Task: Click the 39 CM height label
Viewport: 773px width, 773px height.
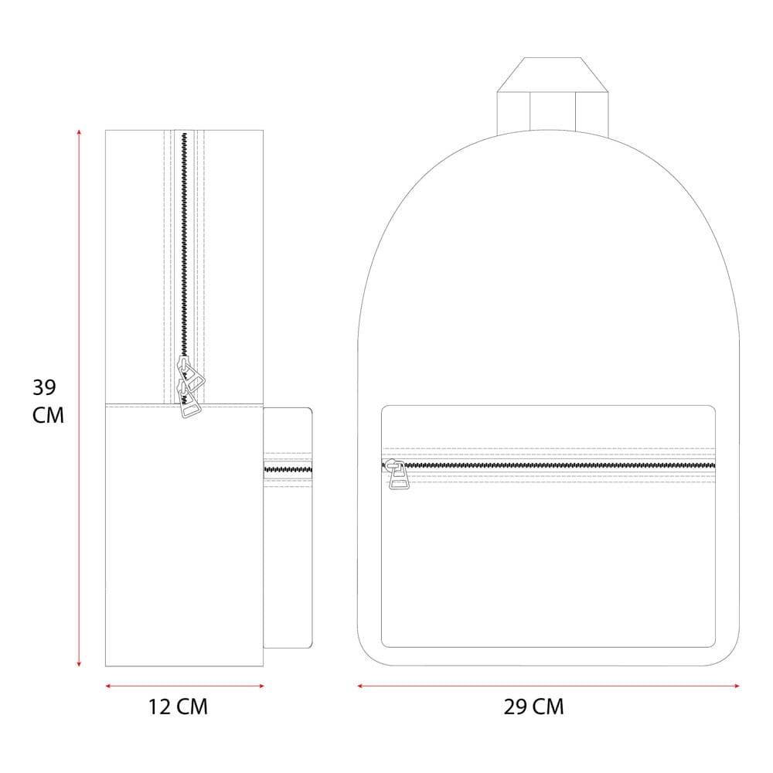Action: point(48,400)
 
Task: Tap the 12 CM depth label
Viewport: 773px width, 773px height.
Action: point(178,707)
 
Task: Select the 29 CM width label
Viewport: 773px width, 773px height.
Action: point(533,707)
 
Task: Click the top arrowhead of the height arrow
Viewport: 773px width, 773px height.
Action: point(79,131)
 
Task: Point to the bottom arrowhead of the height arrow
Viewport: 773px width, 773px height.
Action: point(79,664)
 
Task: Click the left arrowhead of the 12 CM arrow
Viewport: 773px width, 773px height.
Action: point(108,686)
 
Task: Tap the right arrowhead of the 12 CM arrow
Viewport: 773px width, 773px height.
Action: point(261,686)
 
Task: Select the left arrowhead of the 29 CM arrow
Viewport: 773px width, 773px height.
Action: point(360,686)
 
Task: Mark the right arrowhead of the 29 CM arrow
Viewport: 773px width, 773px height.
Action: point(737,686)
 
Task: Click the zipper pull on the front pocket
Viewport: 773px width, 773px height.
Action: point(397,475)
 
